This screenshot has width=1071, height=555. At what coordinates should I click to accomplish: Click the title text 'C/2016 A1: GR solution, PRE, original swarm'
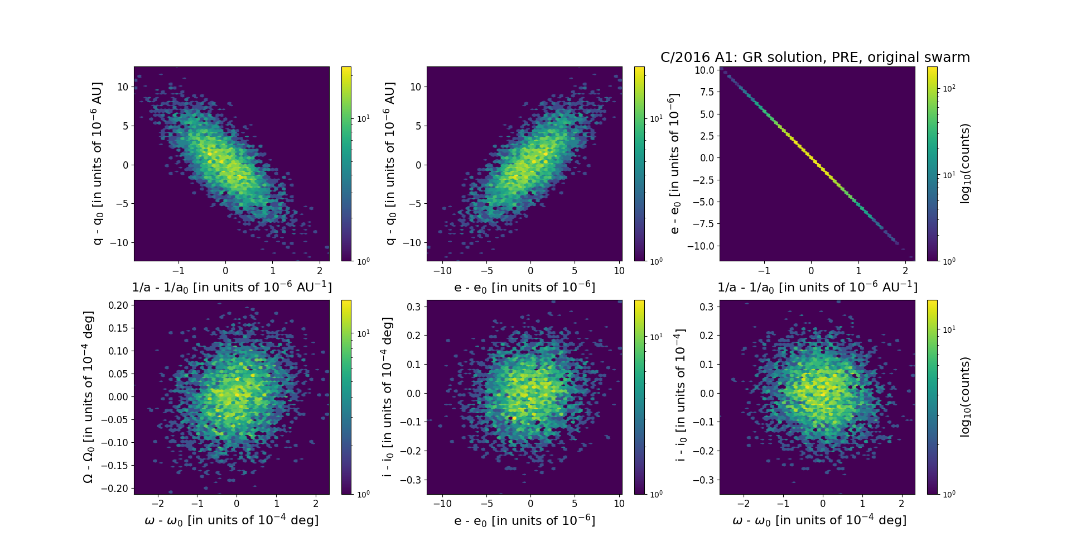click(x=815, y=58)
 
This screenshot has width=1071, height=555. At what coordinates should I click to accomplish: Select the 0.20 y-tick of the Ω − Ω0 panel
click(x=118, y=305)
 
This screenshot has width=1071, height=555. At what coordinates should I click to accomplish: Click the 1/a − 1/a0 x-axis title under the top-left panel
click(x=231, y=288)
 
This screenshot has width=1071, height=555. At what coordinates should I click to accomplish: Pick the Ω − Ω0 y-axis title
click(x=88, y=397)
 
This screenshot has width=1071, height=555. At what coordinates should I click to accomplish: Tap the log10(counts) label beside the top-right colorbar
click(x=966, y=164)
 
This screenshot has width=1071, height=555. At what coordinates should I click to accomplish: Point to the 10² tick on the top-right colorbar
click(x=949, y=88)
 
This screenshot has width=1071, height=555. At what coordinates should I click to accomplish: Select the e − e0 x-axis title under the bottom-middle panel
click(x=524, y=521)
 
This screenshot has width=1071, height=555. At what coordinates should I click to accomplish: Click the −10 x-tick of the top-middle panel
click(x=442, y=271)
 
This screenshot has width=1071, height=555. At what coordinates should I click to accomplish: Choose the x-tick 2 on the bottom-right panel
click(x=902, y=504)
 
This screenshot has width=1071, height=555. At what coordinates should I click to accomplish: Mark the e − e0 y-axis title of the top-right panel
click(x=674, y=164)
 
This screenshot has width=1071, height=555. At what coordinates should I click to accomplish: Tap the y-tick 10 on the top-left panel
click(x=123, y=87)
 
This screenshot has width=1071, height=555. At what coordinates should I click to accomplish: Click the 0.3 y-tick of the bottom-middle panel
click(x=413, y=307)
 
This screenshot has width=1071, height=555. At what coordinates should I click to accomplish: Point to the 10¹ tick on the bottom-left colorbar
click(x=363, y=333)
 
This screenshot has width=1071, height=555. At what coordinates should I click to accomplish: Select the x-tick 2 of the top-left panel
click(x=320, y=271)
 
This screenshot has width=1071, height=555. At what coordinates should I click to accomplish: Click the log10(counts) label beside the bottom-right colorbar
click(x=966, y=397)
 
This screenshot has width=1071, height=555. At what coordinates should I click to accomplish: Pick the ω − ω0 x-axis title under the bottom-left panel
click(x=231, y=520)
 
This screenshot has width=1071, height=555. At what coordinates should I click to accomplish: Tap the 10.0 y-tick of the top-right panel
click(x=705, y=70)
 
